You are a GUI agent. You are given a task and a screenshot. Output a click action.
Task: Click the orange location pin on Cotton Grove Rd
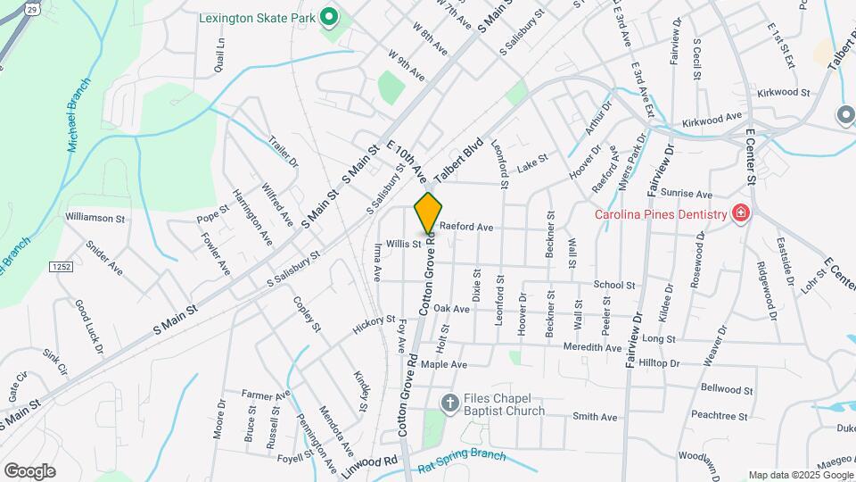pos(428,212)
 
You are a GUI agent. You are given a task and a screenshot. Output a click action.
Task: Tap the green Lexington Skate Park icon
pos(328,16)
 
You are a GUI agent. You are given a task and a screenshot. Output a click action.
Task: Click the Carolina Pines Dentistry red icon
pos(739,213)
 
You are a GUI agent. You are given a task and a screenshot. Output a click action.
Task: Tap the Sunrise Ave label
pos(691,194)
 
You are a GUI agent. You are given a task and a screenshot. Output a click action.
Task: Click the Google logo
pos(29,470)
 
